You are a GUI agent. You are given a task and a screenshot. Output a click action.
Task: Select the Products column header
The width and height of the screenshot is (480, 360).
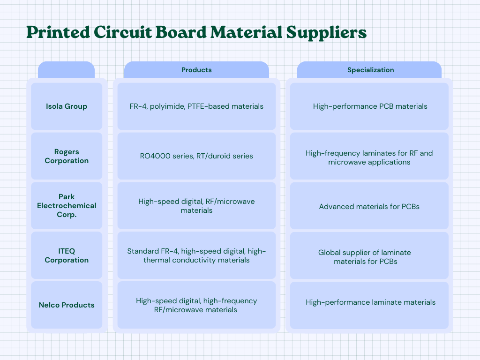click(196, 70)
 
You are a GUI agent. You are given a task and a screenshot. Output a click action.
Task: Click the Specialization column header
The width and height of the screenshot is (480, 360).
click(370, 70)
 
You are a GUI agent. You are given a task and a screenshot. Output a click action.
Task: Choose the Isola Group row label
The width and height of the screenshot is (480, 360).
click(67, 106)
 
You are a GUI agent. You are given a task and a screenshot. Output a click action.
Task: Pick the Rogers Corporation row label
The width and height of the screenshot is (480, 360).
click(67, 156)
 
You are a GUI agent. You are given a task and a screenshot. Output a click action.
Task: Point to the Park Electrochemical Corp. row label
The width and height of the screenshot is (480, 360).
click(67, 205)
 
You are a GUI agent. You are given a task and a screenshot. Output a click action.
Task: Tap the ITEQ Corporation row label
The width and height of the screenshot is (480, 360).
click(67, 255)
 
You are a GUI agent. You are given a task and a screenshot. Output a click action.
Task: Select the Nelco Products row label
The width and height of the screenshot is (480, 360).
click(67, 305)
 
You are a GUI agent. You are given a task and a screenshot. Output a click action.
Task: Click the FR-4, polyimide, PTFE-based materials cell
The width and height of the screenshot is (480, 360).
click(196, 106)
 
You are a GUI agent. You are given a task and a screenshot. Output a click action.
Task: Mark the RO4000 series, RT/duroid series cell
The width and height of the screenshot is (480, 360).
click(196, 156)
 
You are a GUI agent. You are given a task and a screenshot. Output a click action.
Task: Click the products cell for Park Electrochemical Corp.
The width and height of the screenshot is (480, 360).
click(196, 206)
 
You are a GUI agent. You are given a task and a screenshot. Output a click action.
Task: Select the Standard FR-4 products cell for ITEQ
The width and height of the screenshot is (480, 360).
click(196, 255)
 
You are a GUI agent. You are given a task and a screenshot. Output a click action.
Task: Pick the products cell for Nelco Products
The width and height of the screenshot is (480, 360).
click(196, 305)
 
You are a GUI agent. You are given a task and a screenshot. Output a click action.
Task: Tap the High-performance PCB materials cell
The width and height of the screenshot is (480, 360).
click(370, 106)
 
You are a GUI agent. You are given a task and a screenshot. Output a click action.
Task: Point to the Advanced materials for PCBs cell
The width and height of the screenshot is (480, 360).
click(369, 206)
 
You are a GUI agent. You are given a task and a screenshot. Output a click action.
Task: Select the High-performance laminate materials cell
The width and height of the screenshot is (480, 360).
click(370, 302)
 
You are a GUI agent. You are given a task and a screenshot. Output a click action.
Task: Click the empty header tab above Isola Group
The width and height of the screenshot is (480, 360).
click(66, 70)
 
